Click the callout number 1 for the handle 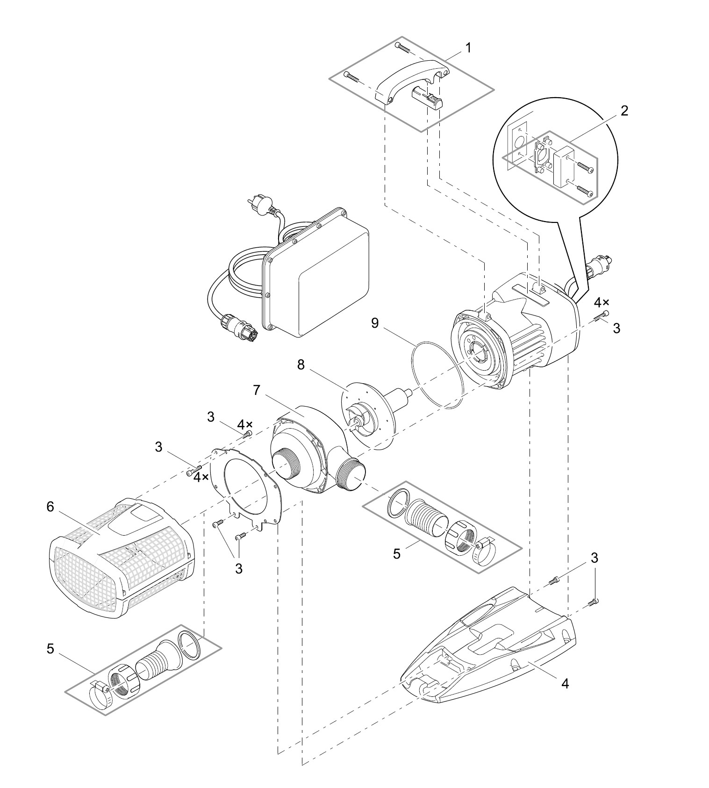coord(468,48)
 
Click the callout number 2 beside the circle coord(624,111)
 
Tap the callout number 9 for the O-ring coord(375,323)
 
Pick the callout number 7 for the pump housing coord(257,390)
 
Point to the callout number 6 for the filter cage coord(50,507)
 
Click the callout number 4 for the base coord(565,683)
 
